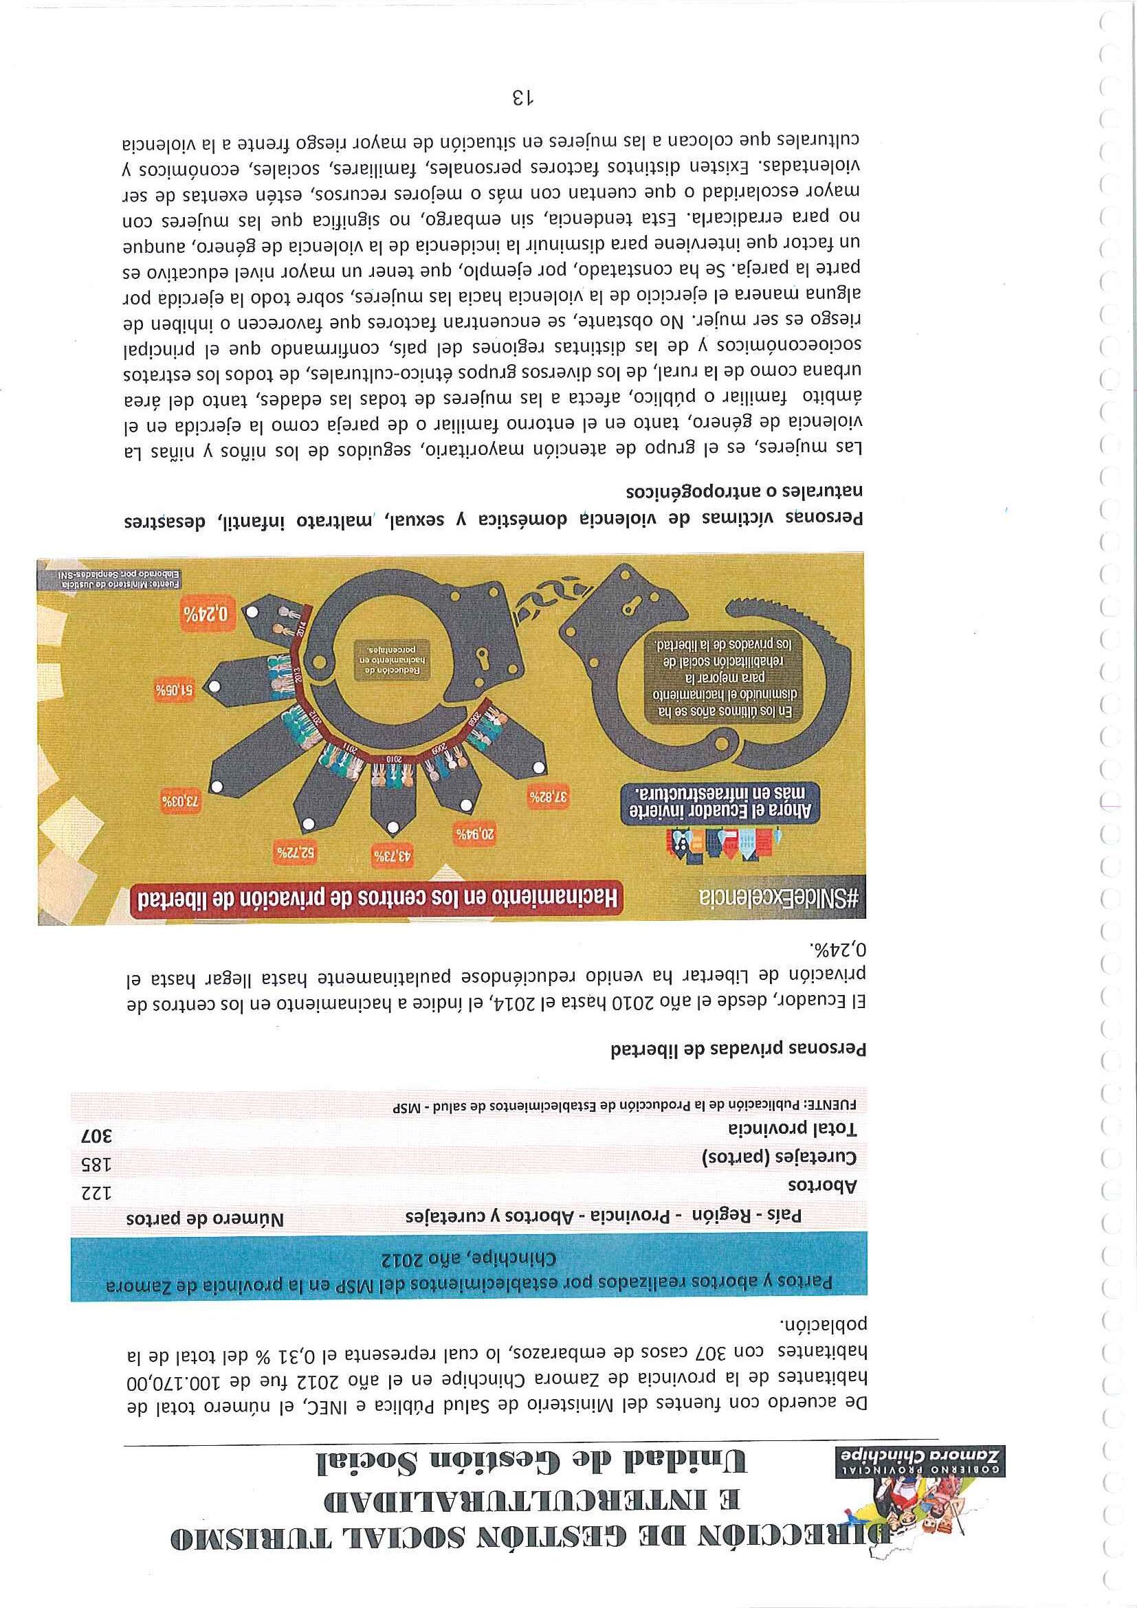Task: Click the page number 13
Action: pos(522,97)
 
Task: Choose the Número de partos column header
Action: pos(205,1219)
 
